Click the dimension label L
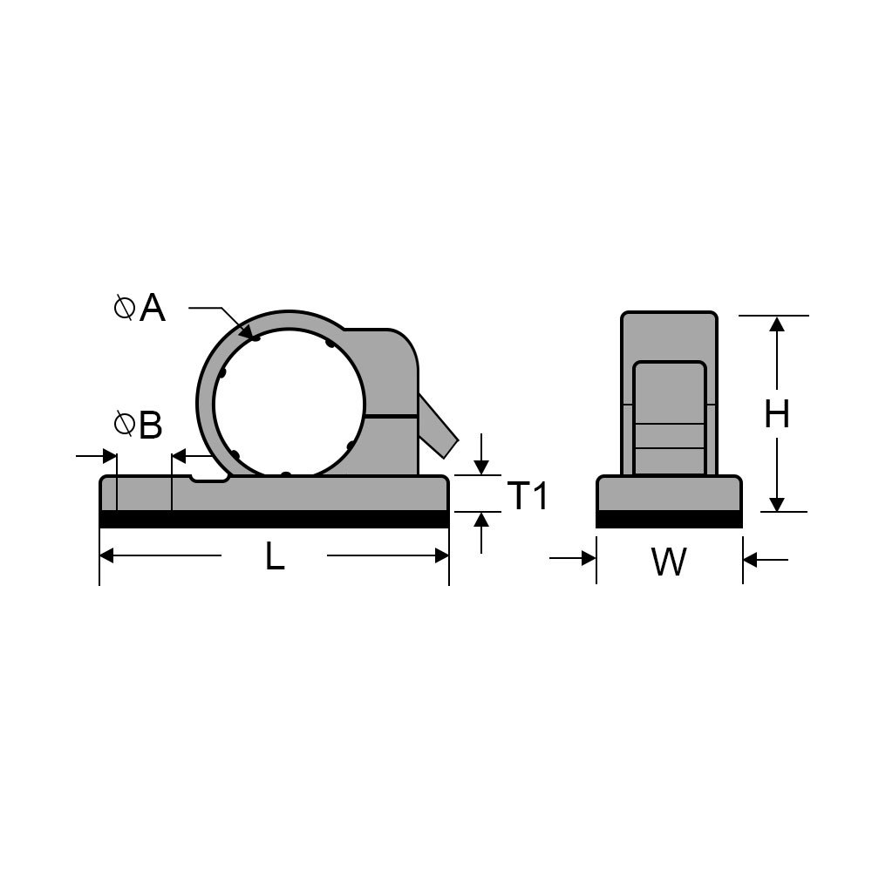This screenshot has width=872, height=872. click(275, 556)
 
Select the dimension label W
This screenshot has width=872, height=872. click(669, 562)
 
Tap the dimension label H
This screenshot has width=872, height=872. click(776, 414)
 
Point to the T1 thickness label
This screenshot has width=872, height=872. click(528, 496)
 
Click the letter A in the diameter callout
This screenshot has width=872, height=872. click(152, 308)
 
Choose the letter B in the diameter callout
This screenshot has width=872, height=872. click(150, 426)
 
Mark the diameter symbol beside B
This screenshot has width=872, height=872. click(125, 425)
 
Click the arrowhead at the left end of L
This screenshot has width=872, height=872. click(108, 555)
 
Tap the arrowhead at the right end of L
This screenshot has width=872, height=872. click(441, 555)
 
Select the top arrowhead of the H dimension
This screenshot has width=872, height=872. click(777, 324)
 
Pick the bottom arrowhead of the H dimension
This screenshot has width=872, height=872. click(777, 504)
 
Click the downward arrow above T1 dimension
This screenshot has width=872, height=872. click(480, 467)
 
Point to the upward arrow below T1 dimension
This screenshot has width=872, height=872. click(480, 520)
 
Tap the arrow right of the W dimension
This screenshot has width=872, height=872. click(751, 559)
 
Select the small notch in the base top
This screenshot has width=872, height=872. click(210, 478)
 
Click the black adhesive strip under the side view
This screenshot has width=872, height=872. click(669, 520)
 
